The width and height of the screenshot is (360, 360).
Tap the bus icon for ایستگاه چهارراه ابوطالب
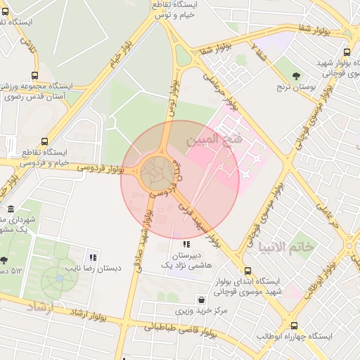coord(294,326)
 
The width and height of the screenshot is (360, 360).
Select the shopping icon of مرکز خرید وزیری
coord(202,299)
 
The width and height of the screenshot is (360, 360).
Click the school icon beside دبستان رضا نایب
coord(93,256)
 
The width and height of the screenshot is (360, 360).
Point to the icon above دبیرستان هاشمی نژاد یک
coord(186,243)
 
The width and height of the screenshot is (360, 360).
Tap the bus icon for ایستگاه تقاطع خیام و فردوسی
coord(45,141)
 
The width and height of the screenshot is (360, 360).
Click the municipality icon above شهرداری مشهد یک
coord(10,209)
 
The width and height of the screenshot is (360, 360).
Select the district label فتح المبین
coord(214,140)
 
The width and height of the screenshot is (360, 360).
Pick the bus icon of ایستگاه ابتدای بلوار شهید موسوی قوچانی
coord(247,271)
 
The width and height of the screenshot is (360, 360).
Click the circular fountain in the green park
coord(58,279)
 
